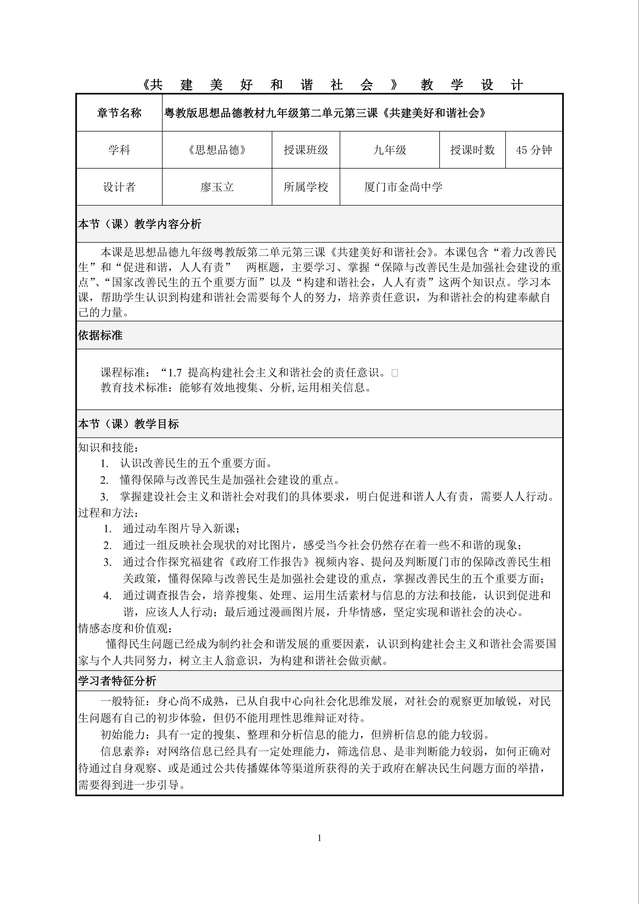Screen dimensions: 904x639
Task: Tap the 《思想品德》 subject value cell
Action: point(217,150)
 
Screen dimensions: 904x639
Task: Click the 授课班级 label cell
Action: point(306,150)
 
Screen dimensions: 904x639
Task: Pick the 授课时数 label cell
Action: point(472,150)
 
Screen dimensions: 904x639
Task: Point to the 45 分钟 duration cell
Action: point(534,150)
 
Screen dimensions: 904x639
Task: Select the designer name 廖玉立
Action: point(217,187)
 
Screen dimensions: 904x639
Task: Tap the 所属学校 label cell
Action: point(306,187)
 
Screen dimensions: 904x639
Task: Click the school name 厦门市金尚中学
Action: point(403,187)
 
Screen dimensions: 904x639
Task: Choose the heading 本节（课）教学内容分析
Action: point(140,224)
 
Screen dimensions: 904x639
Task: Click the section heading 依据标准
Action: point(100,336)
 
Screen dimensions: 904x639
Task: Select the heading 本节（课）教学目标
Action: point(128,424)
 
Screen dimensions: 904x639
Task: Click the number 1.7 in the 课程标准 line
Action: point(174,373)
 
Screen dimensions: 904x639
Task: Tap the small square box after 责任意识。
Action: point(395,373)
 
